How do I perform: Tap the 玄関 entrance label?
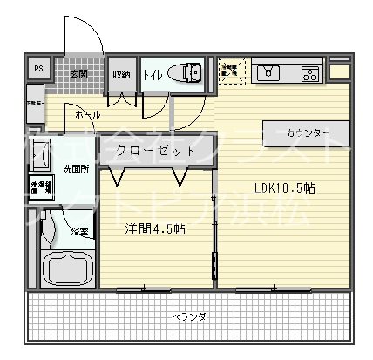point(78,73)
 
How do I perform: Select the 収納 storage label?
point(120,74)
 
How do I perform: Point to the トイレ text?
point(152,74)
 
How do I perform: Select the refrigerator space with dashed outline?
point(232,72)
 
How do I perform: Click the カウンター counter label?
point(306,132)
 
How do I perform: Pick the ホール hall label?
point(86,114)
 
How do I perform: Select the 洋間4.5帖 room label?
point(154,229)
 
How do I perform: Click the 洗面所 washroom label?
point(74,166)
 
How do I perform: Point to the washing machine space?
point(41,189)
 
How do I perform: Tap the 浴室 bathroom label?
point(79,232)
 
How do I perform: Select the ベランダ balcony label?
point(186,316)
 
